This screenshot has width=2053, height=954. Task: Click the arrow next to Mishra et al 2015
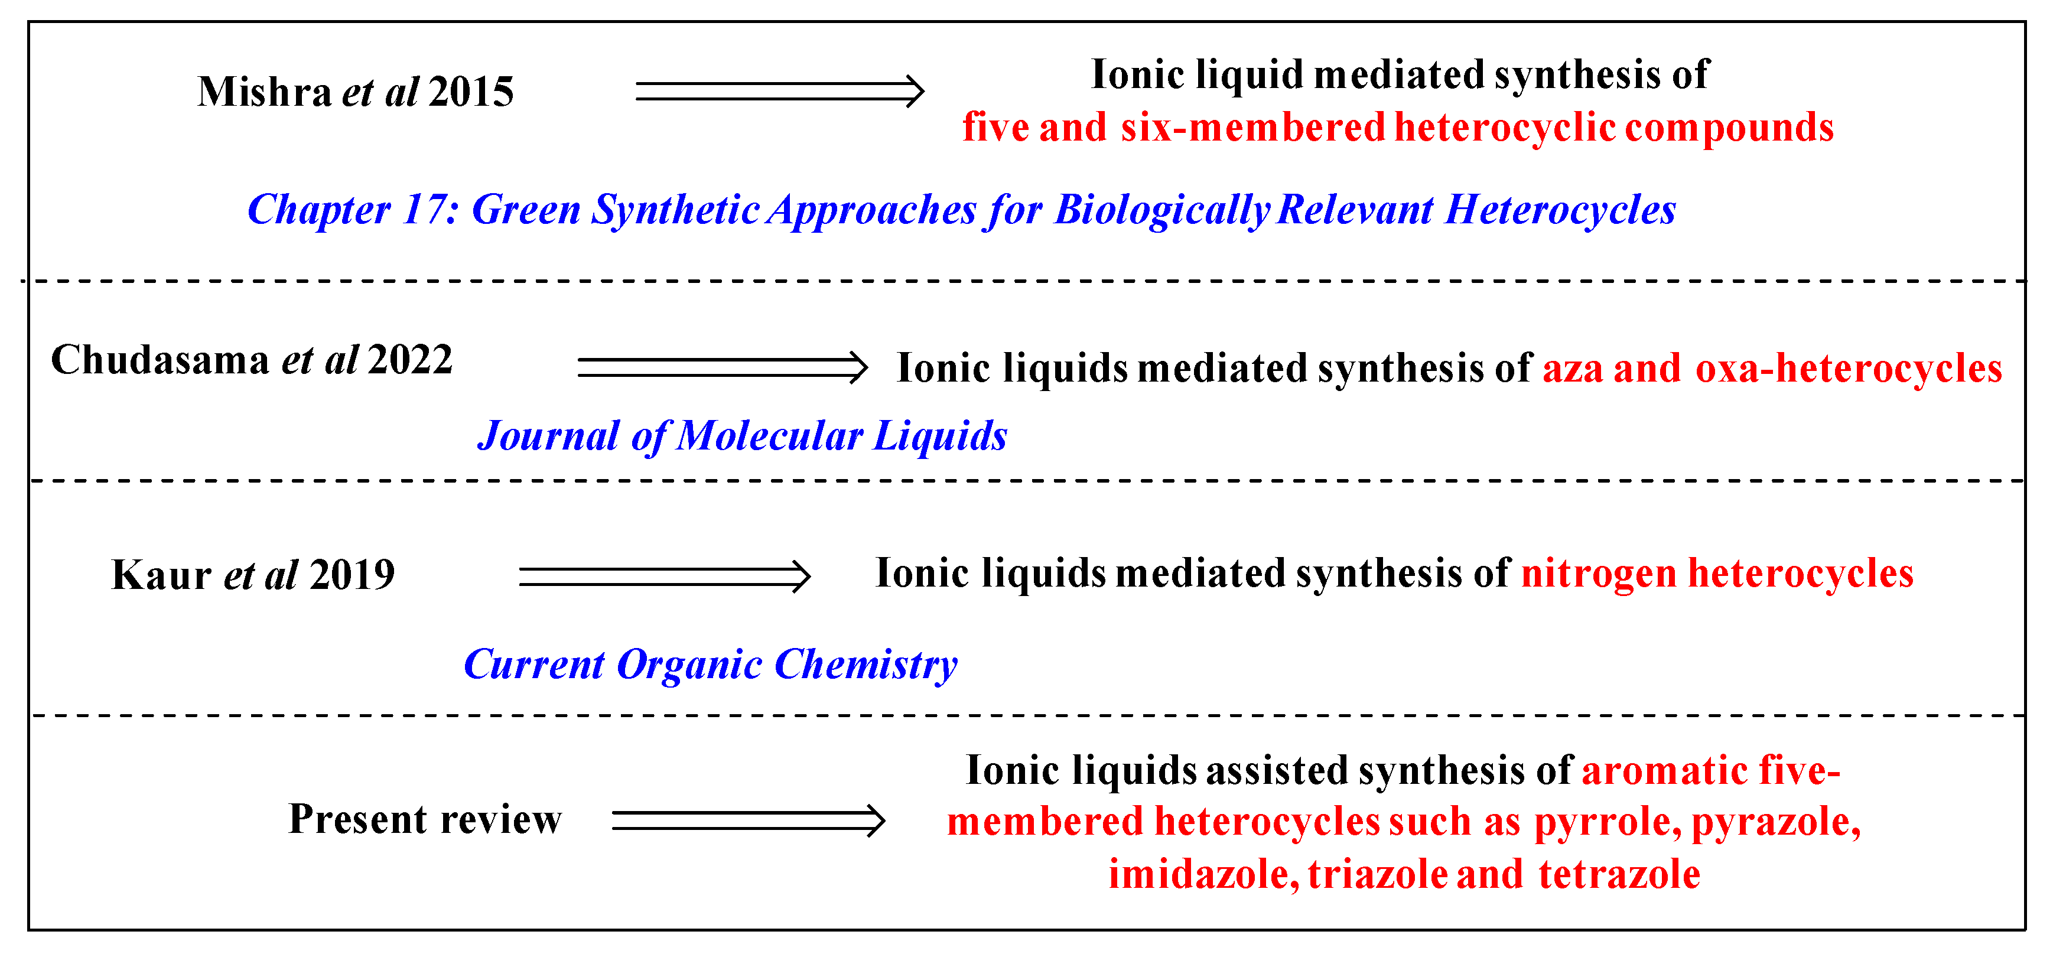779,92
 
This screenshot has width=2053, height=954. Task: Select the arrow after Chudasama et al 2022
722,367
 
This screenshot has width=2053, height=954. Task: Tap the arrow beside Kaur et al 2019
664,575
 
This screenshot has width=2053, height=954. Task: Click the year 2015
471,92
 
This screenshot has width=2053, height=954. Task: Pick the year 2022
411,359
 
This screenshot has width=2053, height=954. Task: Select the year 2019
352,575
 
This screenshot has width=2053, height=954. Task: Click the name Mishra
265,92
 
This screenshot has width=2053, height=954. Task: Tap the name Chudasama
160,359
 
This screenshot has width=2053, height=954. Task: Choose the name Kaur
161,575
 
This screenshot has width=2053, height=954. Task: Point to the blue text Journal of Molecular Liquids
742,436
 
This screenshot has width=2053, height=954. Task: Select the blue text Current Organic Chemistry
710,664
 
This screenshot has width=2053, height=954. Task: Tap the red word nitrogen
1599,574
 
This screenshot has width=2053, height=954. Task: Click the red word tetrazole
1619,874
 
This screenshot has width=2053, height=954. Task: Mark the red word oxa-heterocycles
1849,368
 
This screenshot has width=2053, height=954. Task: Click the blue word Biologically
1161,210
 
